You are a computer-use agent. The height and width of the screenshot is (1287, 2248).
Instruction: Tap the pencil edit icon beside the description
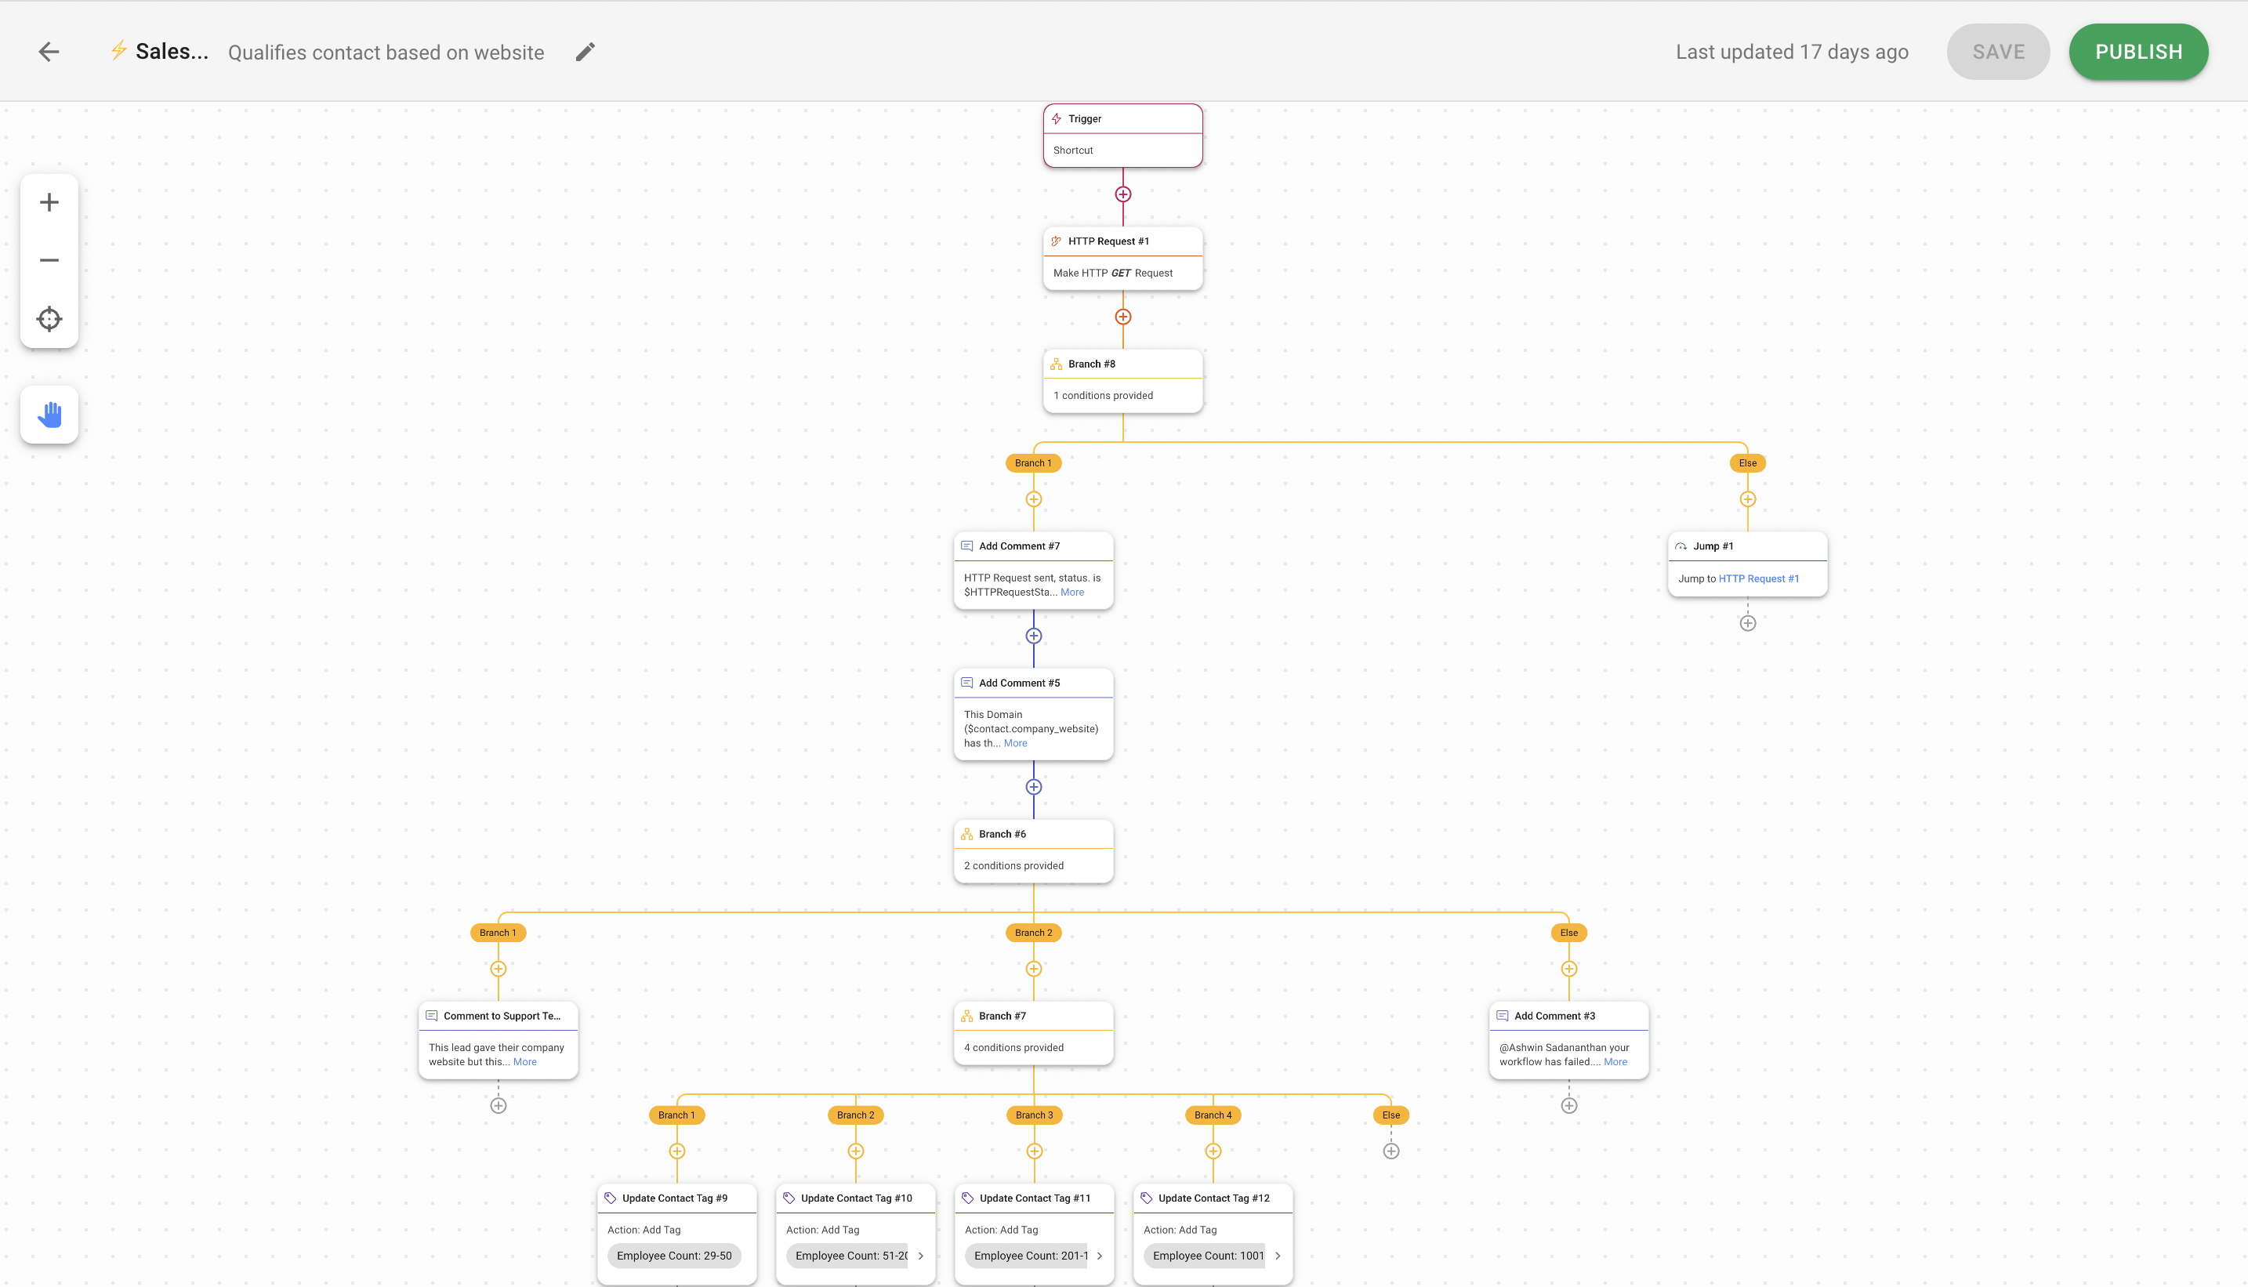coord(586,53)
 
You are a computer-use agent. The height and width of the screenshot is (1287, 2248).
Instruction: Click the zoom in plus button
coord(49,202)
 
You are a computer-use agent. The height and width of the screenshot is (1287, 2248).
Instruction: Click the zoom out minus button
coord(49,260)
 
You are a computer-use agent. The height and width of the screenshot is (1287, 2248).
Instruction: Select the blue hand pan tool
coord(49,414)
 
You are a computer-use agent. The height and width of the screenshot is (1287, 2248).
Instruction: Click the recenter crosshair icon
coord(49,318)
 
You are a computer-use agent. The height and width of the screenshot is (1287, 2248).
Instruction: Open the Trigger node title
coord(1085,118)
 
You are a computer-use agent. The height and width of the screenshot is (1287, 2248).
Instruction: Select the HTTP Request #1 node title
coord(1108,241)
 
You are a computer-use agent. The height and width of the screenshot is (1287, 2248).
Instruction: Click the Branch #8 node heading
coord(1092,364)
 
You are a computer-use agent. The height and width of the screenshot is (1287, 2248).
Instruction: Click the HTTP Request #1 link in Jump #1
coord(1758,579)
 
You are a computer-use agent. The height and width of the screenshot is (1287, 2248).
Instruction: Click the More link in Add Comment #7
coord(1072,593)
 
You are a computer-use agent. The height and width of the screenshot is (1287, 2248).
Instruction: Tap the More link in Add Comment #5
coord(1016,743)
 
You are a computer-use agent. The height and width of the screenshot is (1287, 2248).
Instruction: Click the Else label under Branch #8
coord(1748,463)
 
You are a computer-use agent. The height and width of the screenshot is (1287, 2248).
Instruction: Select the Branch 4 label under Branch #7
coord(1213,1115)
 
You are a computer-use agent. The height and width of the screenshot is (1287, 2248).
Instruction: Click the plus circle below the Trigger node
coord(1122,194)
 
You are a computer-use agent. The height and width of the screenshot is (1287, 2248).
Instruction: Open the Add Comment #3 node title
coord(1555,1017)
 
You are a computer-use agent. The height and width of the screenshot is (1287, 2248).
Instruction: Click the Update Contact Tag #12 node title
coord(1213,1198)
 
